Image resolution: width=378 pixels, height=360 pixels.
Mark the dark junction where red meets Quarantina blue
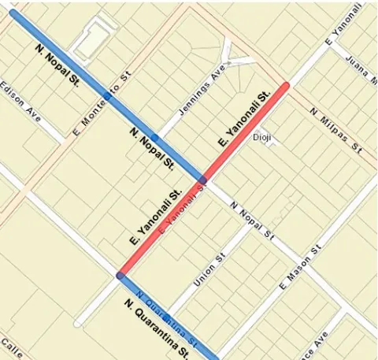(120, 276)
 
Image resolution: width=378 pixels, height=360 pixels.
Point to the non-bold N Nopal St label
(250, 220)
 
